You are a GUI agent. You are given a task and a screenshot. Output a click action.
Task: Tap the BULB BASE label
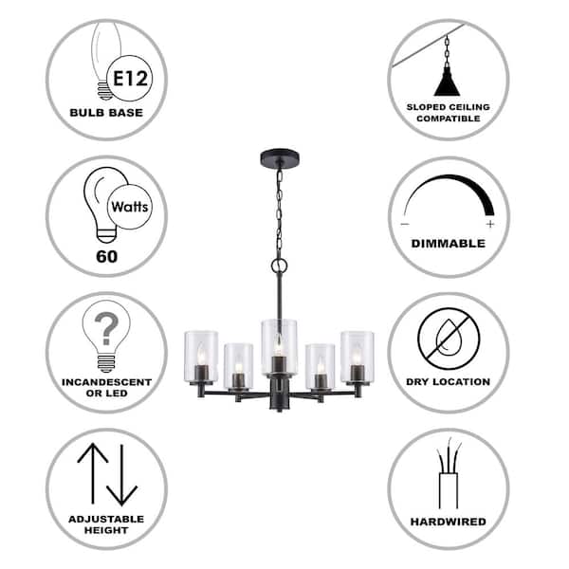click(106, 112)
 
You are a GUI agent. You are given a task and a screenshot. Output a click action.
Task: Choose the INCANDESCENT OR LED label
click(106, 388)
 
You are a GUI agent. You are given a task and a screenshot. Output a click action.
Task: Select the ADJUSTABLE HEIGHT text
click(106, 524)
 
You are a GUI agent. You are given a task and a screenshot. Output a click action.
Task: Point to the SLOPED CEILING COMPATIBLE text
click(448, 112)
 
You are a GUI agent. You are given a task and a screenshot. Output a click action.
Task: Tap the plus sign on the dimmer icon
click(490, 224)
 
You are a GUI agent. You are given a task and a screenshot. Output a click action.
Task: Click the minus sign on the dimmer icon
click(405, 224)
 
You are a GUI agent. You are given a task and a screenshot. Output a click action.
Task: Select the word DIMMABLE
click(448, 244)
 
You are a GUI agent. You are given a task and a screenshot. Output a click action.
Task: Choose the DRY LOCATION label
click(448, 382)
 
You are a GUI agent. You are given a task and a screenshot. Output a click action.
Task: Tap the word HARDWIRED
click(448, 522)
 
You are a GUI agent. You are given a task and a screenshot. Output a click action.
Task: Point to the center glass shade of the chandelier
click(278, 347)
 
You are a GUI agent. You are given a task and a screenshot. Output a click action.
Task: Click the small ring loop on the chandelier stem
click(278, 267)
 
